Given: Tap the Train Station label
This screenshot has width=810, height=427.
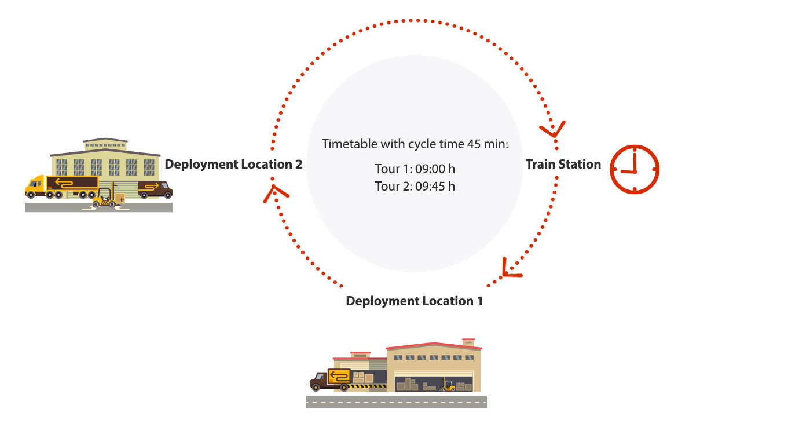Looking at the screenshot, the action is point(563,165).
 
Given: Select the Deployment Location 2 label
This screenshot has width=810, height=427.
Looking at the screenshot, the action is point(233,165).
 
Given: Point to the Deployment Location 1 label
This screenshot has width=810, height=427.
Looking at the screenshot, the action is point(415,301).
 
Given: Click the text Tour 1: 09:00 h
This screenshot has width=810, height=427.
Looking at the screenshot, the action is point(415,169).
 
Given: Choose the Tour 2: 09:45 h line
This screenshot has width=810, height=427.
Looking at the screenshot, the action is point(415,187).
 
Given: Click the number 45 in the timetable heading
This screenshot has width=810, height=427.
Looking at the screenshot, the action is point(474,144).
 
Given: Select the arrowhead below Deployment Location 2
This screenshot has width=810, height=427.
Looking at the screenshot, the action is point(275,193).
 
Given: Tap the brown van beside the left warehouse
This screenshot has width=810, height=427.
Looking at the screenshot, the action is point(155,189).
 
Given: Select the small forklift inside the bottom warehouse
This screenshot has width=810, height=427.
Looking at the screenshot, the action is point(448,386).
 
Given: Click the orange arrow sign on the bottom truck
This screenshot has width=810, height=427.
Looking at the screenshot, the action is point(339,377).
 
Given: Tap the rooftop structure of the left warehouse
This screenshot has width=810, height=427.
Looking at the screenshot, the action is point(105,144).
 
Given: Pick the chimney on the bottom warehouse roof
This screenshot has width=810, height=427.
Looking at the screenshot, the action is point(468,342).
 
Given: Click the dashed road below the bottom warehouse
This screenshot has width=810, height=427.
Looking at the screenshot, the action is point(397,402).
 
